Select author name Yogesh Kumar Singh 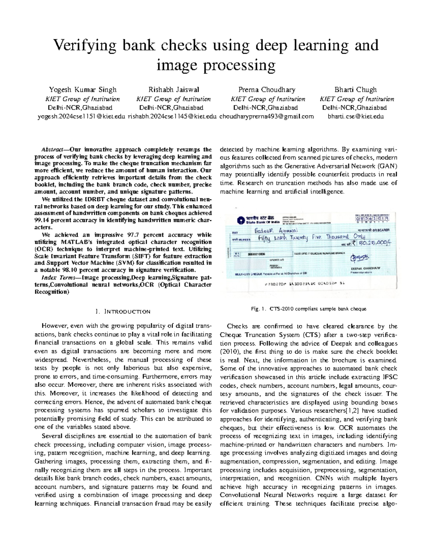pos(82,90)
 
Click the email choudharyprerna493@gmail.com pos(266,116)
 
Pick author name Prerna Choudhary pos(267,90)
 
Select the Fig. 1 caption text pos(309,309)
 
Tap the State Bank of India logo pos(240,220)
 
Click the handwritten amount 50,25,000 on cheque pos(372,244)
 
